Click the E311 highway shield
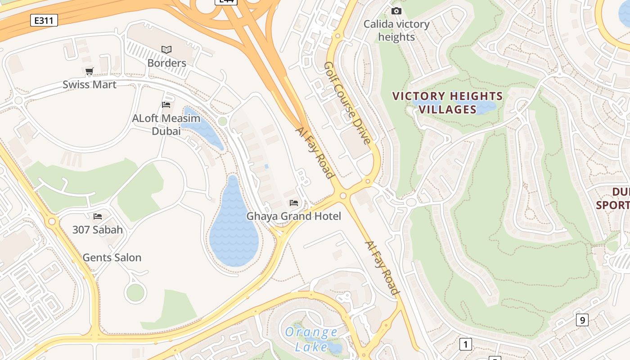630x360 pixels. click(x=44, y=20)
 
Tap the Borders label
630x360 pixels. click(x=166, y=63)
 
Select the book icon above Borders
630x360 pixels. click(x=166, y=49)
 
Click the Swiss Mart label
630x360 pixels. click(x=90, y=85)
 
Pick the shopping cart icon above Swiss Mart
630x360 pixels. click(x=90, y=71)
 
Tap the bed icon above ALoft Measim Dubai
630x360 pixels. click(x=166, y=105)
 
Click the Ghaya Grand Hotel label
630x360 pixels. click(x=293, y=216)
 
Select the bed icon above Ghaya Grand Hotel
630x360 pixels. click(x=294, y=203)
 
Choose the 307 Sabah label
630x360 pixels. click(x=98, y=230)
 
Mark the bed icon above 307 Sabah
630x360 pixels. click(x=98, y=216)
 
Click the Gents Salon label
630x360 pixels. click(x=112, y=258)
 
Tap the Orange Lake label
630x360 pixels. click(x=311, y=339)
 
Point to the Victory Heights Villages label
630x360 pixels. click(x=447, y=103)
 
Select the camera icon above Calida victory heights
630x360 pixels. click(x=396, y=11)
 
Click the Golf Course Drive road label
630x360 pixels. click(x=347, y=103)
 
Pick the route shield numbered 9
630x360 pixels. click(x=582, y=320)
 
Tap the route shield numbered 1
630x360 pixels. click(x=465, y=345)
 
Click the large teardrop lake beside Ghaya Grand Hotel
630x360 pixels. click(x=234, y=229)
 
